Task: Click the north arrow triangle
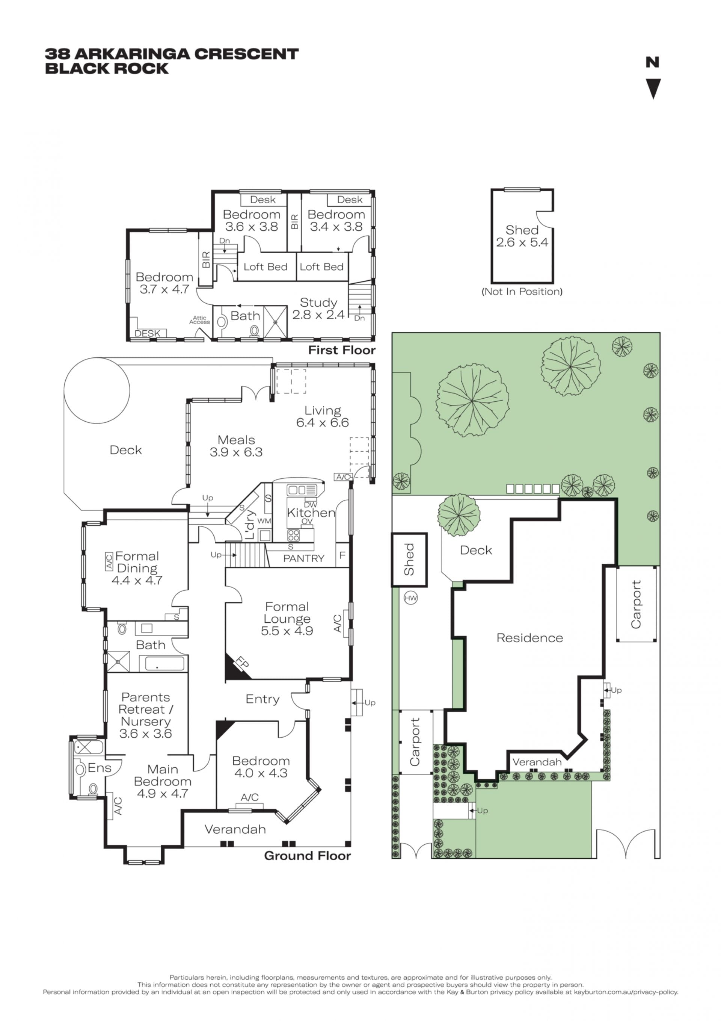pyautogui.click(x=653, y=88)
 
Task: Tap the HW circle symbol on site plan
pyautogui.click(x=411, y=598)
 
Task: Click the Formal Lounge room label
pyautogui.click(x=287, y=612)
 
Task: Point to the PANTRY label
pyautogui.click(x=303, y=558)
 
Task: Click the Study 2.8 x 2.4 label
pyautogui.click(x=318, y=309)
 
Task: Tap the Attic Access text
pyautogui.click(x=199, y=320)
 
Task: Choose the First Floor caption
pyautogui.click(x=342, y=350)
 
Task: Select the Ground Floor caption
pyautogui.click(x=307, y=856)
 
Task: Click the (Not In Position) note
pyautogui.click(x=522, y=292)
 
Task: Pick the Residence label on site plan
pyautogui.click(x=529, y=638)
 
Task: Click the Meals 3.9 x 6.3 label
pyautogui.click(x=236, y=446)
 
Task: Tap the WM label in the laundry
pyautogui.click(x=264, y=521)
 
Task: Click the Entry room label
pyautogui.click(x=262, y=699)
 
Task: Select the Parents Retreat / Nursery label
pyautogui.click(x=145, y=715)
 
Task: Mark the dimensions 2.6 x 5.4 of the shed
pyautogui.click(x=522, y=242)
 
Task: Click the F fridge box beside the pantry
pyautogui.click(x=342, y=555)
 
